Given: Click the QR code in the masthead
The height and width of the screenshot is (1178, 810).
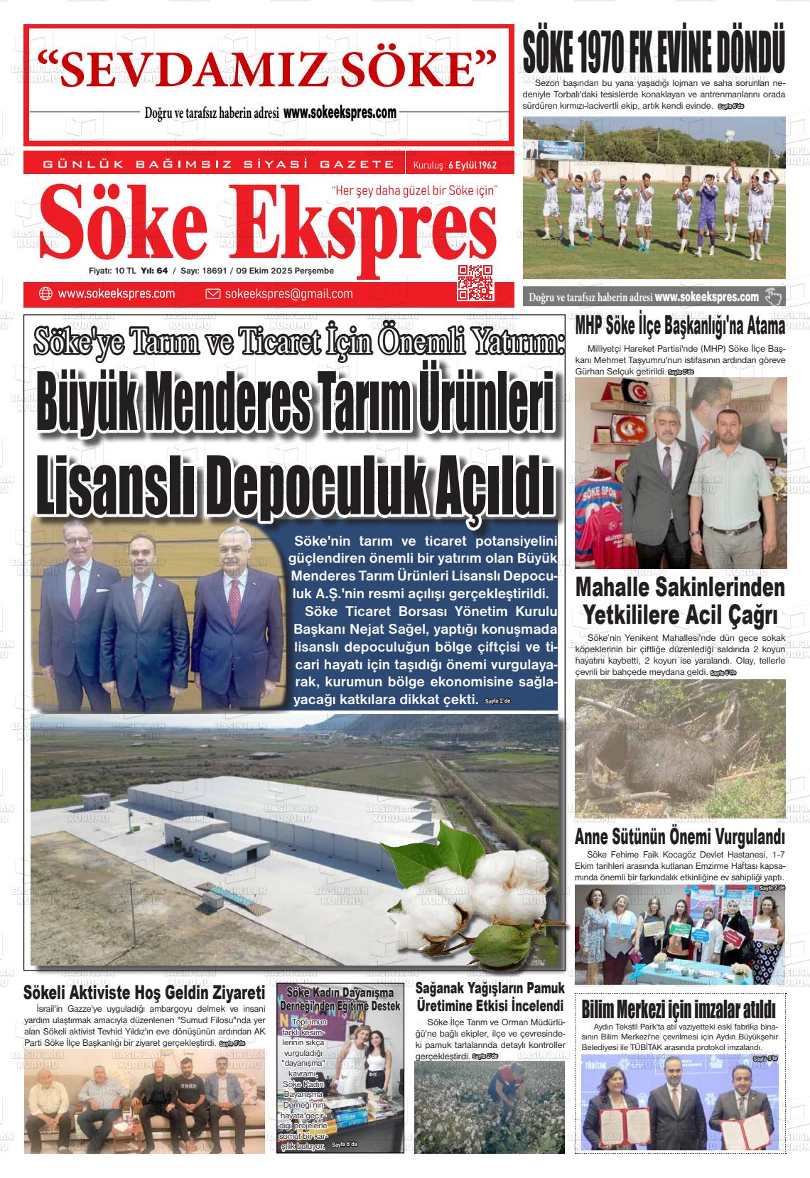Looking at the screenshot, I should pos(475,282).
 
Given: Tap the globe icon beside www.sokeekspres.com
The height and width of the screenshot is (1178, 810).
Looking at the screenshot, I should pos(45,293).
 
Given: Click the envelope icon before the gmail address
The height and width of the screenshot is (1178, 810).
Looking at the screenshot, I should pos(212,293).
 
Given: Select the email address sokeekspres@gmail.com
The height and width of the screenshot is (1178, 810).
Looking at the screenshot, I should pos(288,293).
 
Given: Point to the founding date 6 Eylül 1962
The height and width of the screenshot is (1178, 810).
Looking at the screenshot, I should pos(472,165).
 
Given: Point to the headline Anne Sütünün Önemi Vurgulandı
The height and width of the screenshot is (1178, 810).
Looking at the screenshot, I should pos(679,836).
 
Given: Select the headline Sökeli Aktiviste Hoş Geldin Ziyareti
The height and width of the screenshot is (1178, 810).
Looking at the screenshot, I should pos(144,992).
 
